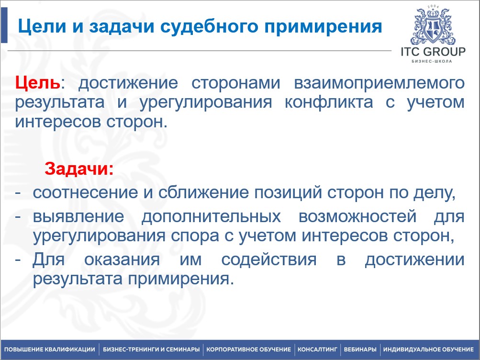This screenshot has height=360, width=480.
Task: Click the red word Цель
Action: click(x=38, y=83)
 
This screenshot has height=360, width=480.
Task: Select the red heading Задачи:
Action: click(x=79, y=169)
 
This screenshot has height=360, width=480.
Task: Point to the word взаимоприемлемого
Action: click(x=378, y=83)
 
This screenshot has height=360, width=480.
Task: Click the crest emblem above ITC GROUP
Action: click(x=433, y=25)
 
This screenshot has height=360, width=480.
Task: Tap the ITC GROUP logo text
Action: click(x=433, y=52)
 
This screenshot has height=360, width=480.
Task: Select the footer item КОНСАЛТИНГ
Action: click(x=318, y=350)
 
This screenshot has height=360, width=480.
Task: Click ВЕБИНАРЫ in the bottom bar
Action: click(x=359, y=350)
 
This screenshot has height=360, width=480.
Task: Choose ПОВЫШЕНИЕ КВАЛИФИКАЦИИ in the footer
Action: click(x=50, y=350)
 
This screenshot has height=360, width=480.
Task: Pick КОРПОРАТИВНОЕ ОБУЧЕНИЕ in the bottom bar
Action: click(x=248, y=350)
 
